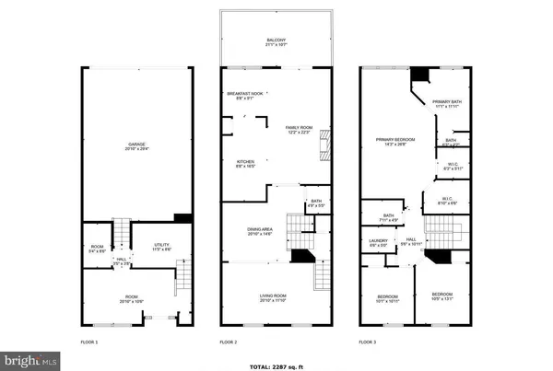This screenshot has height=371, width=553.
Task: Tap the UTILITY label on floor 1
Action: [x=161, y=246]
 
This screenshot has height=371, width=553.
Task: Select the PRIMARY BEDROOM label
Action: [x=394, y=141]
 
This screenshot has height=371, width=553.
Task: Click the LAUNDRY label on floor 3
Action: [x=379, y=244]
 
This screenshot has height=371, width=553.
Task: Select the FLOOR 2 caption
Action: [x=228, y=342]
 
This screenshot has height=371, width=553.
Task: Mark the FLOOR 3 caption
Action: [x=368, y=342]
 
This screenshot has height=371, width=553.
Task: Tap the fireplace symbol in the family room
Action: [x=322, y=145]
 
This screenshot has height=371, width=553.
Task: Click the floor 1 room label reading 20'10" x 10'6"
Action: [x=135, y=298]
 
